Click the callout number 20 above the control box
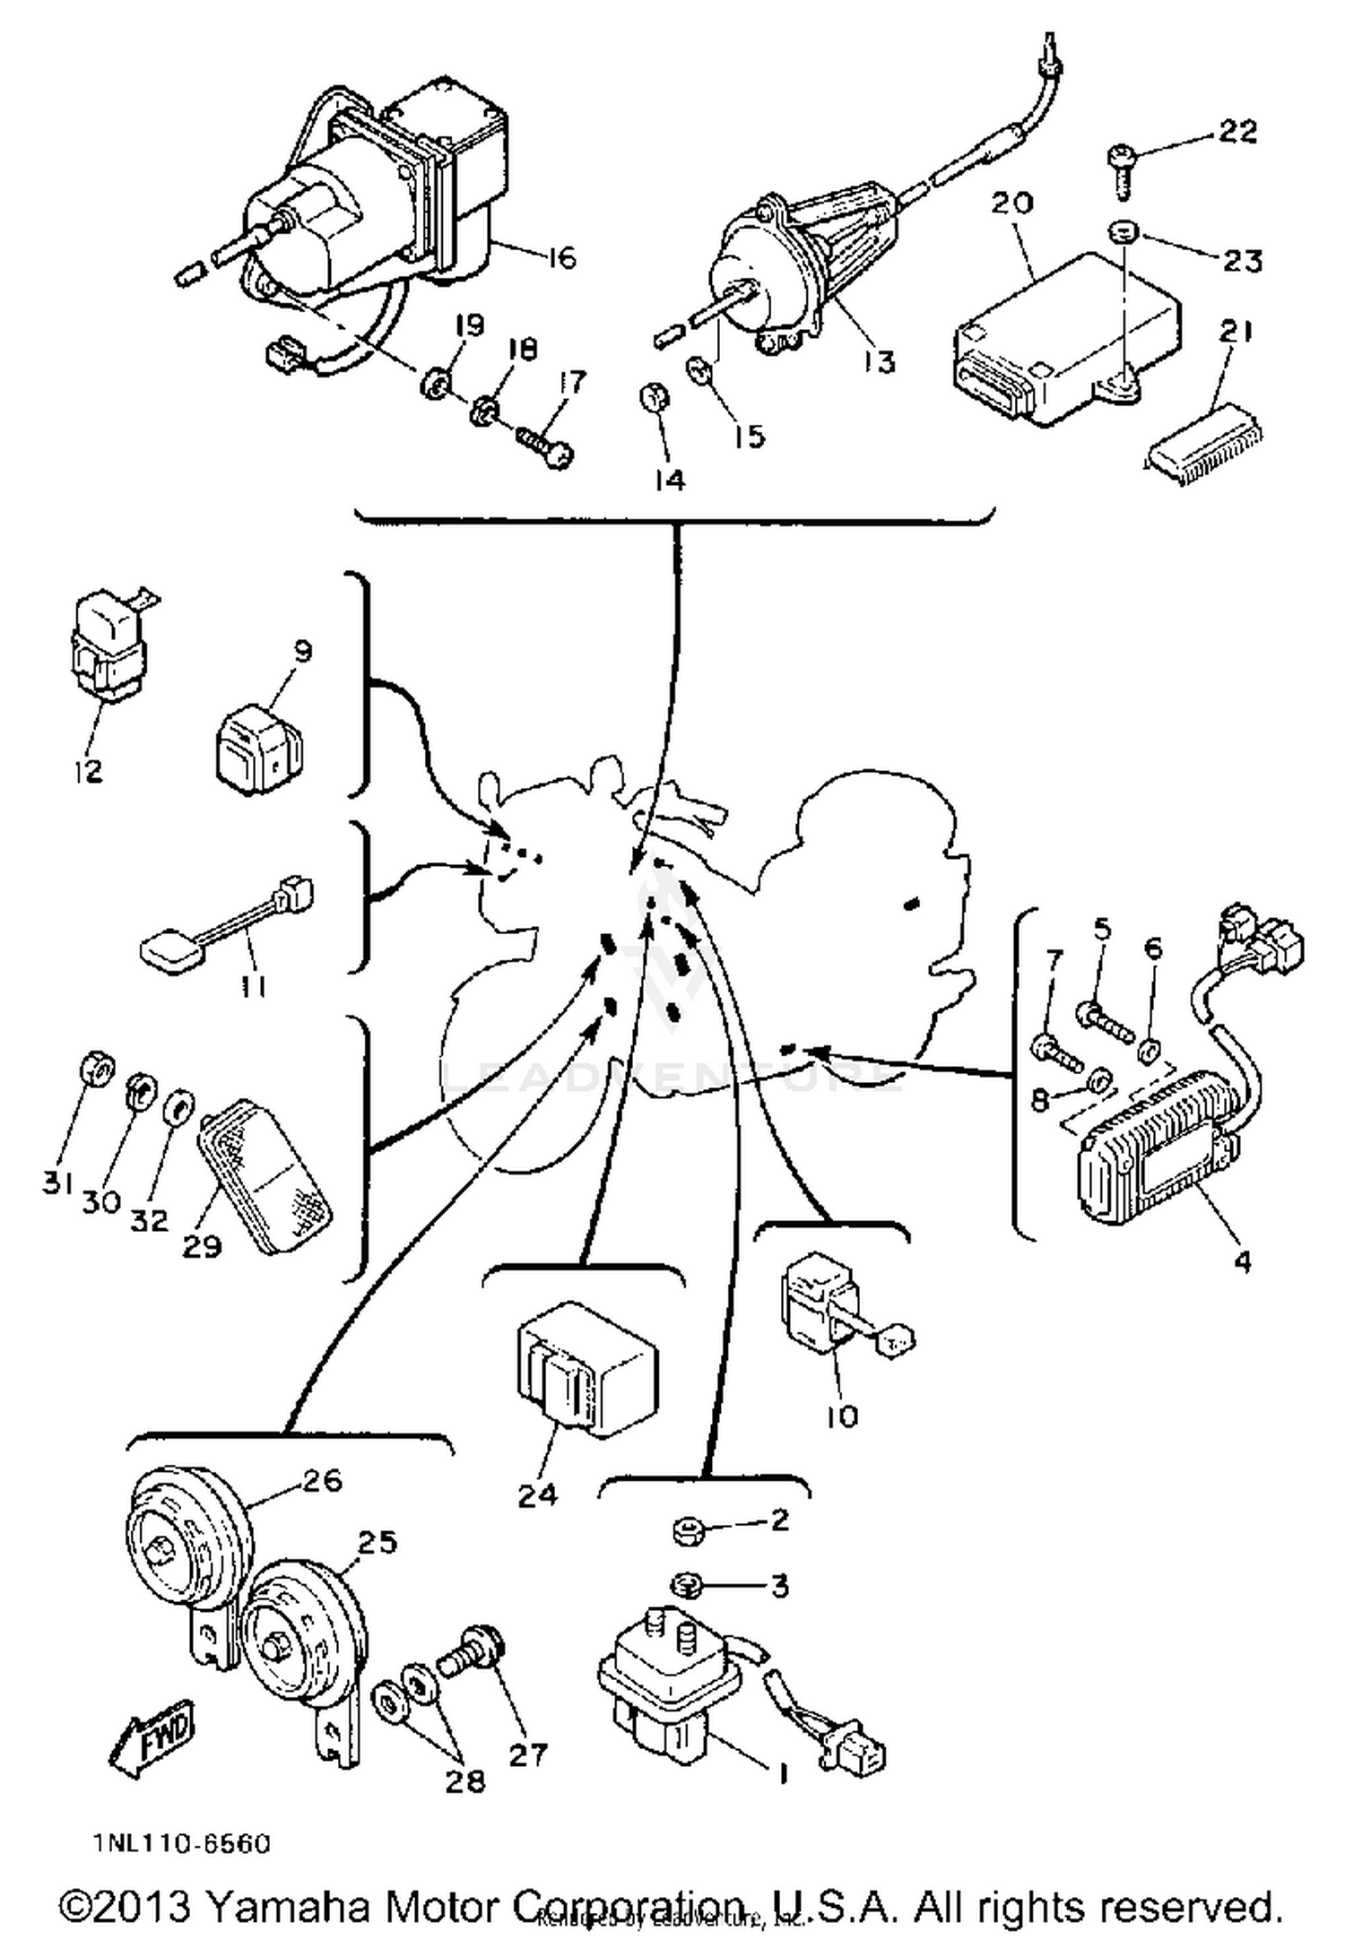click(1012, 203)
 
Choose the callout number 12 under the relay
click(88, 770)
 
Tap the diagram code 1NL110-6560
click(180, 1844)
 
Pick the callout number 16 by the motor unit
click(560, 258)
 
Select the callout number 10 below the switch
click(841, 1416)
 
